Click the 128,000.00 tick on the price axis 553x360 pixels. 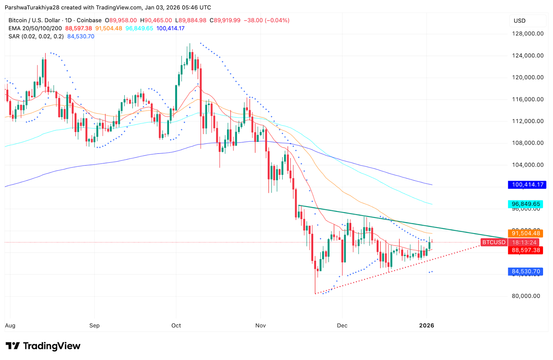tap(527, 34)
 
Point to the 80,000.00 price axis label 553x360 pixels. tap(526, 296)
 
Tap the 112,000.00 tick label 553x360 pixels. tap(527, 121)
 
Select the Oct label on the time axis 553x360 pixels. tap(176, 325)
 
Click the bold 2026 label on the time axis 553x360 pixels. tap(427, 325)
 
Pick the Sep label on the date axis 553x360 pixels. tap(94, 325)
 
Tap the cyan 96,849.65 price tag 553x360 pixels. tap(526, 204)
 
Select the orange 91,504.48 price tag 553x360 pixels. tap(525, 234)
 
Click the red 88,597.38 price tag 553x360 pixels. tap(525, 250)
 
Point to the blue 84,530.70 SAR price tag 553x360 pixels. tap(525, 272)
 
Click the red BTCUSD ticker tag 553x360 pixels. tap(494, 243)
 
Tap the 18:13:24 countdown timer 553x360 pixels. tap(524, 243)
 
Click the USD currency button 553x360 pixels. tap(519, 21)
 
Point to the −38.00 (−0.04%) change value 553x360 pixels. tap(266, 20)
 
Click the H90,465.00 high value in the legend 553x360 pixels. tap(156, 20)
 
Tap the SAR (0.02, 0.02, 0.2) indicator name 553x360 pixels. tap(36, 36)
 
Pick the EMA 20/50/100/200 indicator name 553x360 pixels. tap(35, 28)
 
